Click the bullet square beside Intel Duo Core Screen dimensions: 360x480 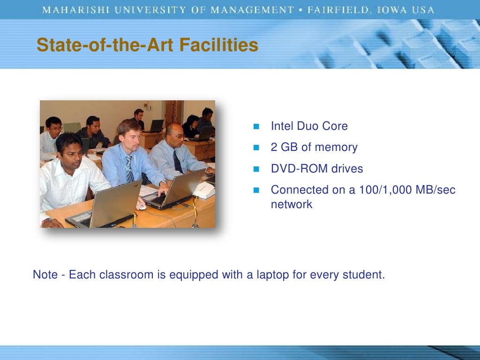(256, 127)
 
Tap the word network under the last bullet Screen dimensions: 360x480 (291, 204)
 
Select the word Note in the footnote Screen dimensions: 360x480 (45, 275)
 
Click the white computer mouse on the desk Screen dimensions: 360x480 (141, 205)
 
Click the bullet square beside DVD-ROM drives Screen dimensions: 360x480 (256, 169)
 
